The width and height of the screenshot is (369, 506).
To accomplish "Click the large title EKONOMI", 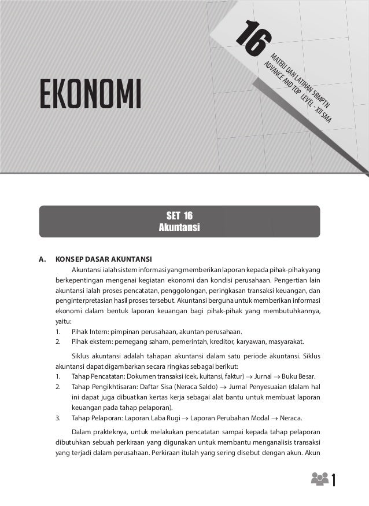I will pyautogui.click(x=91, y=95).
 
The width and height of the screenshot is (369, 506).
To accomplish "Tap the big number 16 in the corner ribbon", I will pyautogui.click(x=253, y=41).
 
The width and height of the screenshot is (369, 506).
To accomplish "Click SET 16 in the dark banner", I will pyautogui.click(x=179, y=216).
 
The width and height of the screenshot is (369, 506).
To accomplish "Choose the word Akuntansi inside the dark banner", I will pyautogui.click(x=179, y=228).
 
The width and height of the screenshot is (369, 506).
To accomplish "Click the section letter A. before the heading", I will pyautogui.click(x=42, y=259).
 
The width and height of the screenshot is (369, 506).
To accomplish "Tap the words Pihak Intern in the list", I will pyautogui.click(x=89, y=331).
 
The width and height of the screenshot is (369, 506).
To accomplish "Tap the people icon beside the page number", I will pyautogui.click(x=319, y=479).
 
